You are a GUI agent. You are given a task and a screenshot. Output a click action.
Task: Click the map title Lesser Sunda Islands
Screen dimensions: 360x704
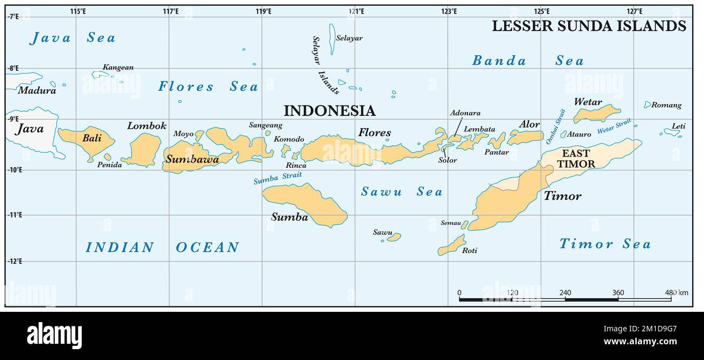[589, 25]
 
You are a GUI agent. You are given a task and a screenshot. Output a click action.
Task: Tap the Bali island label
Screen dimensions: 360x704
[92, 138]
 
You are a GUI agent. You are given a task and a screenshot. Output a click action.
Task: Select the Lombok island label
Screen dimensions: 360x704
[147, 126]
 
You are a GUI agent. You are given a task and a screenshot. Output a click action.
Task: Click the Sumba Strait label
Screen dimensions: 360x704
[277, 178]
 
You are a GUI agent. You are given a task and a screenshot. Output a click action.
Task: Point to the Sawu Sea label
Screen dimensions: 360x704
[401, 192]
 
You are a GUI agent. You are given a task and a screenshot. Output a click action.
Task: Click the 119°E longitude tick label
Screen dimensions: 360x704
[263, 11]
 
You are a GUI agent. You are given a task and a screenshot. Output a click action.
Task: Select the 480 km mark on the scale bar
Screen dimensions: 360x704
[676, 293]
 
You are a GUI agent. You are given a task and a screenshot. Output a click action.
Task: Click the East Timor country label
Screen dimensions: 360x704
[576, 159]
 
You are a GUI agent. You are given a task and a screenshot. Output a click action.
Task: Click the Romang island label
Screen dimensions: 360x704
[666, 105]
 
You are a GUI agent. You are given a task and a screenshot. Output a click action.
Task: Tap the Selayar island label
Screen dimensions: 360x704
[349, 38]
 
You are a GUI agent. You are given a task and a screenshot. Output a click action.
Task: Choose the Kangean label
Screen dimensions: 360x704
[118, 67]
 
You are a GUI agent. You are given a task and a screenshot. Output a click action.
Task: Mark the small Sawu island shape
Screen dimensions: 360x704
[394, 237]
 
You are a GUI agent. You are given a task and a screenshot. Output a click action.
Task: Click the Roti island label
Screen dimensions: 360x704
[470, 250]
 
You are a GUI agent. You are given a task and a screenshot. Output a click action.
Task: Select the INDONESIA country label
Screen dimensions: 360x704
[329, 110]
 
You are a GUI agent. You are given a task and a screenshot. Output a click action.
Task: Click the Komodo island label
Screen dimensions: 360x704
[289, 139]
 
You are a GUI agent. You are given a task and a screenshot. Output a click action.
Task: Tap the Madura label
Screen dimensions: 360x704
[37, 90]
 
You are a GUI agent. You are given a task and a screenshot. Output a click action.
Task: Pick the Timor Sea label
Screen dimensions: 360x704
[604, 244]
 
